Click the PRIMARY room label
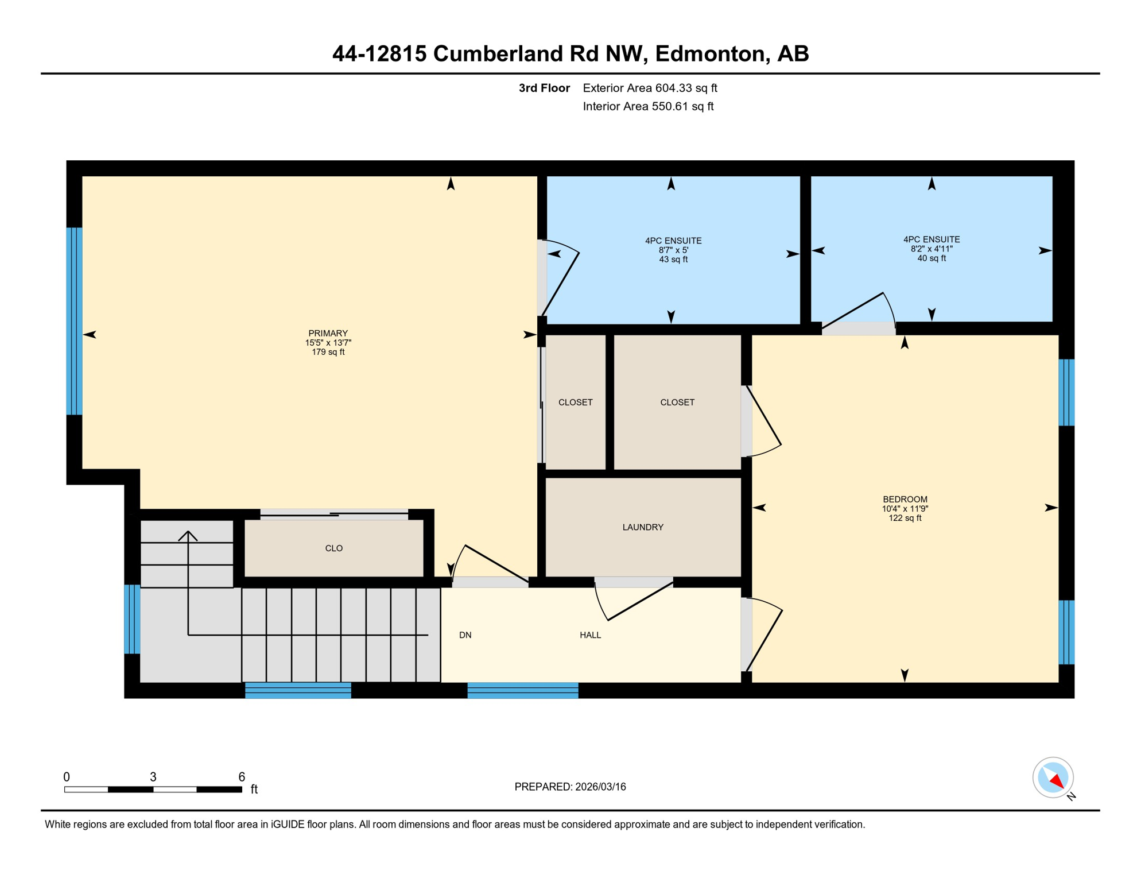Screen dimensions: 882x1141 pyautogui.click(x=328, y=333)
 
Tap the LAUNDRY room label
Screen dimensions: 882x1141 pyautogui.click(x=643, y=527)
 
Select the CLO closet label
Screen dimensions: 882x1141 pyautogui.click(x=333, y=548)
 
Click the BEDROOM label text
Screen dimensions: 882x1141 pyautogui.click(x=905, y=499)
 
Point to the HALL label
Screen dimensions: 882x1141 pyautogui.click(x=590, y=635)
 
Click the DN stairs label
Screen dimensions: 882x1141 pyautogui.click(x=465, y=635)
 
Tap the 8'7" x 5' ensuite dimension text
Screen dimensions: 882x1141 pyautogui.click(x=673, y=250)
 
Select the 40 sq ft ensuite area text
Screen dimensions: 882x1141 pyautogui.click(x=931, y=258)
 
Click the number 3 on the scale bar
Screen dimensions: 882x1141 pyautogui.click(x=153, y=777)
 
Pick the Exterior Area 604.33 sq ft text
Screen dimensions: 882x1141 pyautogui.click(x=650, y=88)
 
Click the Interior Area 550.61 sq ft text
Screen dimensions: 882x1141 pyautogui.click(x=648, y=106)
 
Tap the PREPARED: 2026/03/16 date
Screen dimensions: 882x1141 pyautogui.click(x=570, y=787)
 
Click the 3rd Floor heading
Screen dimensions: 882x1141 pyautogui.click(x=544, y=88)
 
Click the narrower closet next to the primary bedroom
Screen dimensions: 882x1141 pyautogui.click(x=575, y=402)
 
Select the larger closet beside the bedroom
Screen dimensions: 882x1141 pyautogui.click(x=677, y=402)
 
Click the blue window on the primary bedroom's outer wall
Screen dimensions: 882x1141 pyautogui.click(x=74, y=321)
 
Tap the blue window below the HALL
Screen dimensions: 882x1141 pyautogui.click(x=523, y=690)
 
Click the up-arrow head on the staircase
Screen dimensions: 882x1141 pyautogui.click(x=188, y=535)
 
